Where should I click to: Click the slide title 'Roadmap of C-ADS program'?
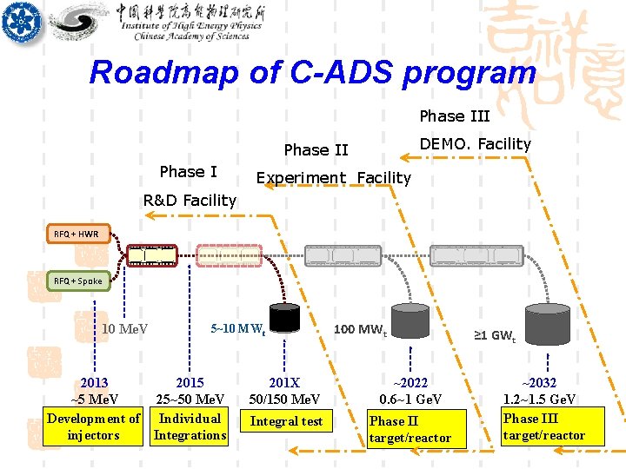(312, 72)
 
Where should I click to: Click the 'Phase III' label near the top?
(455, 116)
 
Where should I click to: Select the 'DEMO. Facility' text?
(475, 144)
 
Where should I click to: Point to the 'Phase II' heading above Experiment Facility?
(316, 150)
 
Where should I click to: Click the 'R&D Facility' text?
(190, 201)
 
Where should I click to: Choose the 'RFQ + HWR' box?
(77, 234)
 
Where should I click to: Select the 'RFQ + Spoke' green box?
(78, 281)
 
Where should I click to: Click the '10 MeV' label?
(124, 328)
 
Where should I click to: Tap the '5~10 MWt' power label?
(237, 329)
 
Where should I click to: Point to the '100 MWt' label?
(361, 329)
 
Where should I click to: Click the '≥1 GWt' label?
(494, 334)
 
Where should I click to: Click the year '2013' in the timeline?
(94, 383)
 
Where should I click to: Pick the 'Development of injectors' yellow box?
(93, 426)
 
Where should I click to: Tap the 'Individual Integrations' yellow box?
(190, 426)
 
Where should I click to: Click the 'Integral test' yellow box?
(286, 421)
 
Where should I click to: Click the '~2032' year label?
(539, 383)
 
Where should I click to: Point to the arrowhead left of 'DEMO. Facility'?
(403, 157)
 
